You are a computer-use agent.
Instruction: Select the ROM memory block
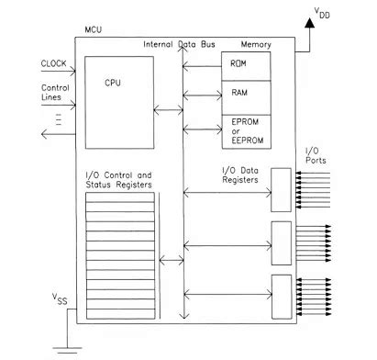pos(246,64)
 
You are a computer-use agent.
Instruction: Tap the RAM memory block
pos(246,94)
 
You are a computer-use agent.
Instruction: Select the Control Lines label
pos(56,94)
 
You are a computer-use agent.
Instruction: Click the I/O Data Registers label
pos(246,174)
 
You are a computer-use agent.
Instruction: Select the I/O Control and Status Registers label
pos(118,181)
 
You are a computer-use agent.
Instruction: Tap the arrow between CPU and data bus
pos(169,111)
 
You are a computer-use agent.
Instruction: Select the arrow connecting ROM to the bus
pos(203,65)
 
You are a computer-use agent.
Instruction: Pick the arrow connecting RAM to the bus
pos(203,94)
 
